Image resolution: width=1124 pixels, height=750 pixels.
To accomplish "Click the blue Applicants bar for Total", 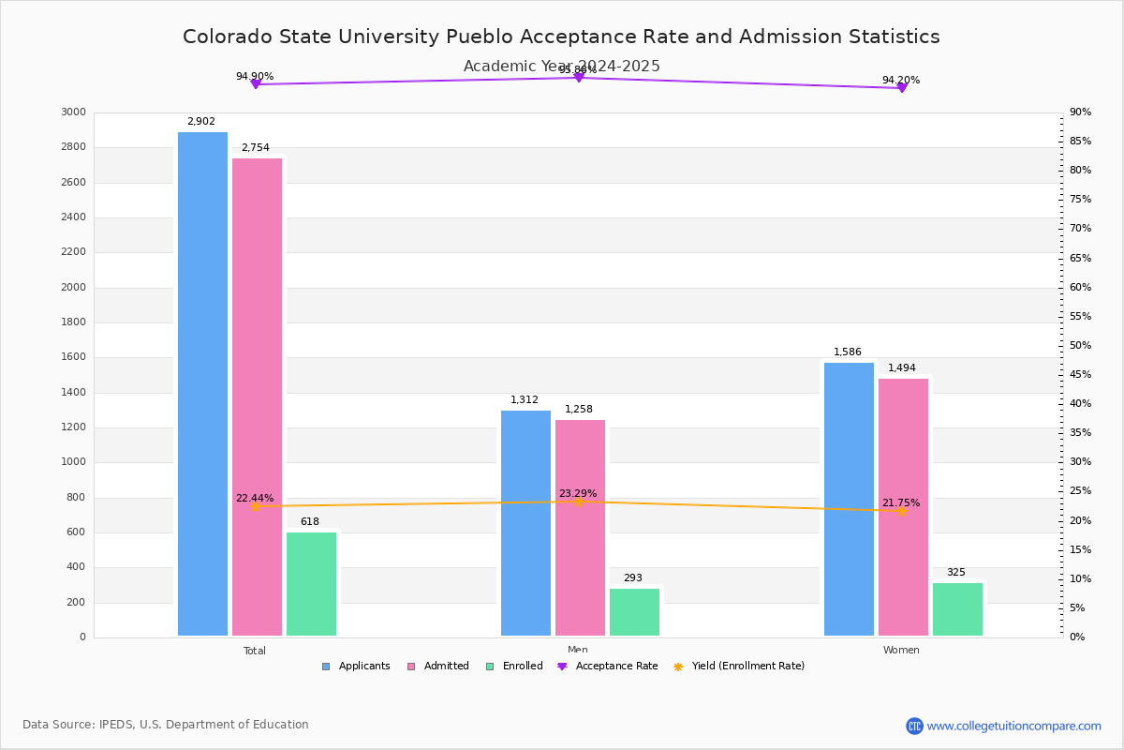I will pos(202,384).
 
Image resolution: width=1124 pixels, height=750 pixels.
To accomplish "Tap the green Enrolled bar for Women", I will pos(957,609).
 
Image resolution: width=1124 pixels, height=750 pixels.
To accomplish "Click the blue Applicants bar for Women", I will pos(849,500).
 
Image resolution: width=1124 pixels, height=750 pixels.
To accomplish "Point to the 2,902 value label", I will pos(201,122).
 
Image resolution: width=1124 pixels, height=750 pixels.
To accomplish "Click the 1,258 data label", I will pos(579,410).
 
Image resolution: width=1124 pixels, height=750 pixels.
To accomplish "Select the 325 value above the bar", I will pos(955,573).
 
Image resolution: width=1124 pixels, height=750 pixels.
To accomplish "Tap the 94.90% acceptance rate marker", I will pos(255,84).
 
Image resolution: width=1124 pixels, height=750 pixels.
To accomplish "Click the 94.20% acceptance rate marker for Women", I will pos(902,87).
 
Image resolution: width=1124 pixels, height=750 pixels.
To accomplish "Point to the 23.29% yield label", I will pos(578,493).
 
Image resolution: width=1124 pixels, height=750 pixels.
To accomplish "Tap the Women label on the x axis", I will pos(901,651).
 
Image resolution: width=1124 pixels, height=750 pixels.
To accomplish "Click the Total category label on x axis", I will pos(255,651).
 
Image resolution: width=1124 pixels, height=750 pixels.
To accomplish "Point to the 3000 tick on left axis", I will pos(74,112).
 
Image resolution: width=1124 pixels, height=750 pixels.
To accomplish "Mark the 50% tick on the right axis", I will pos(1080,346).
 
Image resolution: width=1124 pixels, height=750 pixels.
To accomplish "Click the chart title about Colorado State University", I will pos(561,37).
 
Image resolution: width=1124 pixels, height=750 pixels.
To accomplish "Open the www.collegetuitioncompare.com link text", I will pos(1013,726).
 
